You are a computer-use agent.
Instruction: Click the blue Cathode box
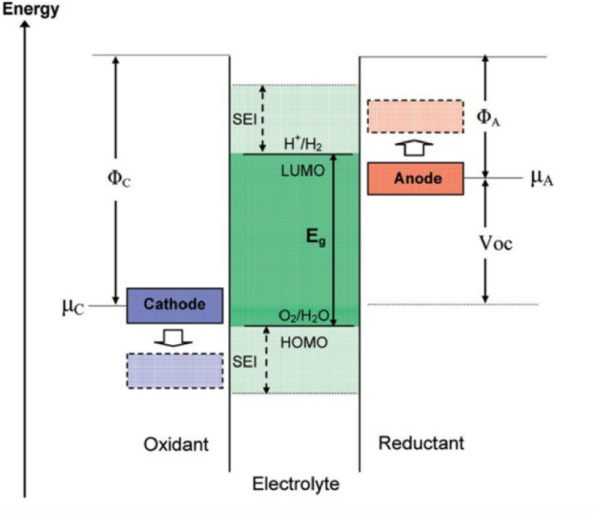coord(175,305)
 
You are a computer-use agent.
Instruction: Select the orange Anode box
coord(416,179)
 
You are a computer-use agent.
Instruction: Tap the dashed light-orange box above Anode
coord(414,116)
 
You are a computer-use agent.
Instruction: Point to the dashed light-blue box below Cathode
coord(175,370)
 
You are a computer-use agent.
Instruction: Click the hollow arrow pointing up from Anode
coord(416,148)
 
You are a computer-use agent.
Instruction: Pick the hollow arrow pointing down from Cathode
coord(175,337)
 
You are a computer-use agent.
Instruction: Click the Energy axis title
coord(29,11)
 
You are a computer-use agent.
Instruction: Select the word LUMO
coord(303,171)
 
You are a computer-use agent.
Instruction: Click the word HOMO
coord(304,343)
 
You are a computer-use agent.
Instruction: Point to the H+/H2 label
coord(303,145)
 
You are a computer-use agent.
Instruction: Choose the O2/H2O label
coord(303,316)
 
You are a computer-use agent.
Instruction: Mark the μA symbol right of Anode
coord(542,178)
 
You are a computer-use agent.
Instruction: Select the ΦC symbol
coord(119,179)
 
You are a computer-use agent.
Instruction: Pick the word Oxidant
coord(176,445)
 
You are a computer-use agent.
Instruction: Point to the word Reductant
coord(421,443)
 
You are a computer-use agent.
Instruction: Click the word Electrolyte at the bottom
coord(296,485)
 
